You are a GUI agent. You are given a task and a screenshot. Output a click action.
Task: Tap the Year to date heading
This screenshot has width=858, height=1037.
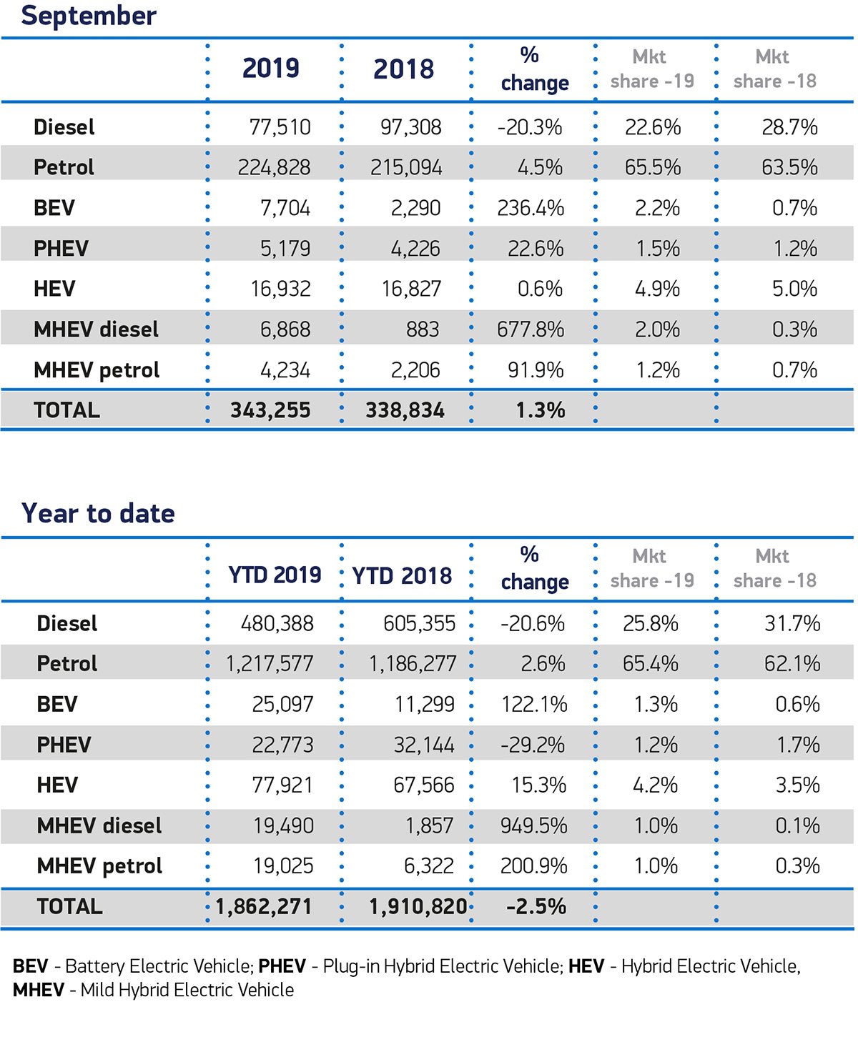click(99, 513)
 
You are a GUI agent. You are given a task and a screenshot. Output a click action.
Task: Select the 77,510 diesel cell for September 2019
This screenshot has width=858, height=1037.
click(280, 128)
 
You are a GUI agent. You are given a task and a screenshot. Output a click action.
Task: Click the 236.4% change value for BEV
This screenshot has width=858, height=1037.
click(531, 208)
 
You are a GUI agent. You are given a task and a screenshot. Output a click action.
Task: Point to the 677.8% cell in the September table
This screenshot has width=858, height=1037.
click(531, 329)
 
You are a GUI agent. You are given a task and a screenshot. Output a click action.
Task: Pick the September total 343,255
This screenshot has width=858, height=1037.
click(271, 410)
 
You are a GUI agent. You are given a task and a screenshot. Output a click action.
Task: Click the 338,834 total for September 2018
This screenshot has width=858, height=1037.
click(405, 410)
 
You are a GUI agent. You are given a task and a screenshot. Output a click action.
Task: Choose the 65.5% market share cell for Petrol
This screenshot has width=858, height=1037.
click(653, 167)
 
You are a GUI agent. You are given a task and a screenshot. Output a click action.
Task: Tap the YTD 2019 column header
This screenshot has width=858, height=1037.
click(275, 575)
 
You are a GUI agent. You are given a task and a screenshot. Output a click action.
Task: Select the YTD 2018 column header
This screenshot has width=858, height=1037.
click(402, 576)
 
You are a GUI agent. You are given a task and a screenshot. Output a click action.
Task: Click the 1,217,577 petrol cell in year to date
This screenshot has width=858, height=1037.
click(270, 664)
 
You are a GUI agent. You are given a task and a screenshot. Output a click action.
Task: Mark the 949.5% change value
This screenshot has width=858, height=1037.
click(533, 826)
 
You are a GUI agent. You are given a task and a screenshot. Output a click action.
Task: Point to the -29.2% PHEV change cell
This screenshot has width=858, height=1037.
click(533, 745)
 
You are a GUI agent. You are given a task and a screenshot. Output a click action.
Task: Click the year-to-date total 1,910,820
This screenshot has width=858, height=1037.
click(418, 907)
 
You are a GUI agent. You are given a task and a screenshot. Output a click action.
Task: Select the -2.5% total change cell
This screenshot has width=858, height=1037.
click(536, 906)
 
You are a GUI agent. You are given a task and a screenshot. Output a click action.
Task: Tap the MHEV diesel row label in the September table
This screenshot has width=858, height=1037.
click(97, 329)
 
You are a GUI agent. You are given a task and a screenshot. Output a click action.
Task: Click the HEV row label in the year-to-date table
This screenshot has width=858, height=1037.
click(57, 785)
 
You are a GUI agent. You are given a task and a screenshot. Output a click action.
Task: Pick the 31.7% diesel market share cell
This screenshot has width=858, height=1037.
click(792, 624)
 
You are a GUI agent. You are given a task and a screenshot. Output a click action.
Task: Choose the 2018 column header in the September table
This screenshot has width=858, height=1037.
click(404, 69)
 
